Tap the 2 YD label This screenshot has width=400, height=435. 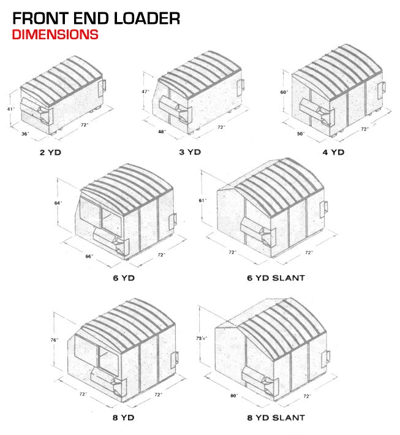[x=50, y=150]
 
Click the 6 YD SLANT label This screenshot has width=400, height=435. [x=276, y=277]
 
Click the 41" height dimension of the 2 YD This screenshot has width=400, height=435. [x=10, y=109]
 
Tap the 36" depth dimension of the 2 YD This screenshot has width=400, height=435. [x=26, y=133]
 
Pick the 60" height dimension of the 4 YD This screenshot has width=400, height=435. [x=284, y=92]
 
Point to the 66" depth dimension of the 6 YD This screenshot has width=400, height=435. [x=89, y=256]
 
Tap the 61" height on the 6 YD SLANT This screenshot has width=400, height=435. [x=203, y=200]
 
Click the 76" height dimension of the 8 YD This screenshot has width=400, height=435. [x=54, y=339]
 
